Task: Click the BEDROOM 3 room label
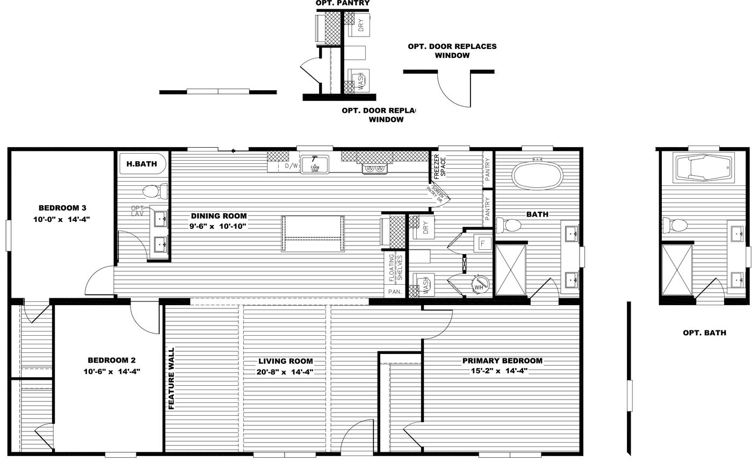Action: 62,208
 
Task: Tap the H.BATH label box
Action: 142,164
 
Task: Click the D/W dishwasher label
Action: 291,166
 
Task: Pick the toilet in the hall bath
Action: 154,191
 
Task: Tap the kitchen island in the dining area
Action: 313,233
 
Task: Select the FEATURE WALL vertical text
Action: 172,378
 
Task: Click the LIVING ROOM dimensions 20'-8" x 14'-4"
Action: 285,372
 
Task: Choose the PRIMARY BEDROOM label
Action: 502,361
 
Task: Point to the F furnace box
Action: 482,243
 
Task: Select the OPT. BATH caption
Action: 704,333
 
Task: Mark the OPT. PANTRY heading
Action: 342,3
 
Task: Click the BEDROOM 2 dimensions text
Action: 112,371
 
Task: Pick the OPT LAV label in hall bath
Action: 137,211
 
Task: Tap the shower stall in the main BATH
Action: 510,270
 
